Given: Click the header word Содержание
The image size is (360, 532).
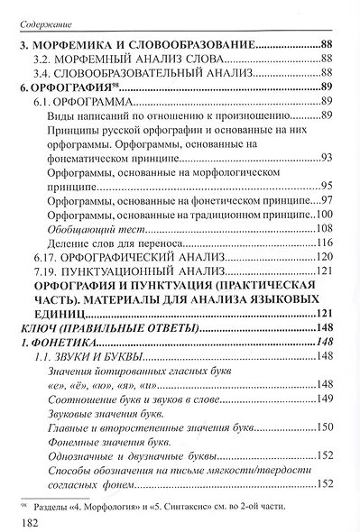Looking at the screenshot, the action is [44, 14].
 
